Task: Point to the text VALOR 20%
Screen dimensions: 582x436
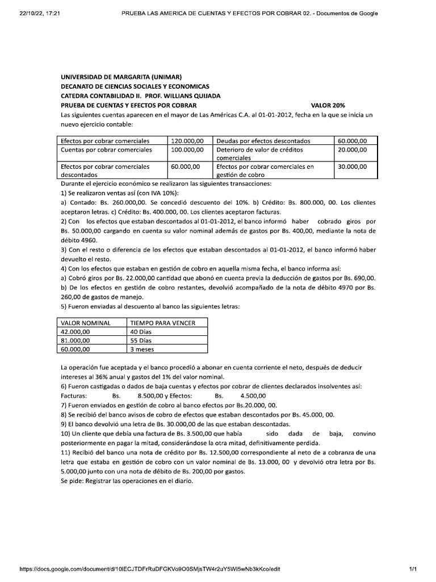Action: (332, 105)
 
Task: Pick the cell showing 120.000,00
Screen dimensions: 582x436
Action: (187, 140)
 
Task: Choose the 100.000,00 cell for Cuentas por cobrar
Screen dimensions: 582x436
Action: (187, 149)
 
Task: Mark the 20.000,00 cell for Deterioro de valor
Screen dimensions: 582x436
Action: (352, 149)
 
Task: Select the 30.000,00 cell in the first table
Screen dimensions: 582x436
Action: (352, 167)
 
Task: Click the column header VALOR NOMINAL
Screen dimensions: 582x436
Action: (85, 323)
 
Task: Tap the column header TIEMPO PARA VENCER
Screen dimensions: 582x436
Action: (163, 323)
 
